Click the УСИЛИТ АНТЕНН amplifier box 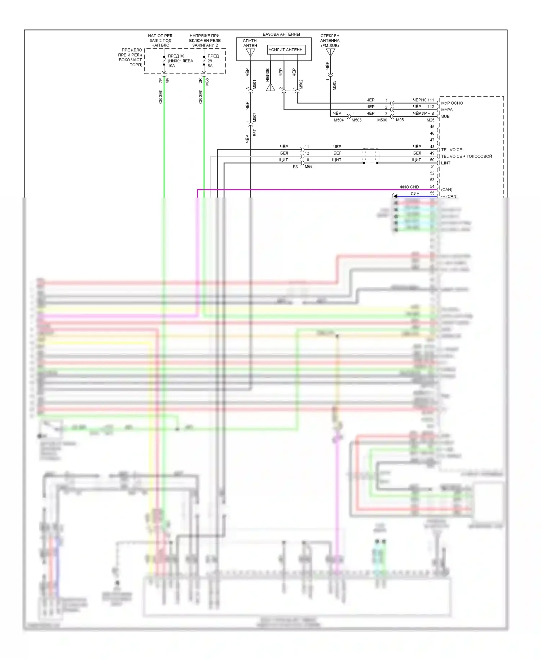[x=286, y=50]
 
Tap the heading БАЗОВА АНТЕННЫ [x=281, y=34]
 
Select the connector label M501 [x=255, y=85]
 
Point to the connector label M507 [x=255, y=118]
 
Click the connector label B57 [x=255, y=133]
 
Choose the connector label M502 [x=301, y=84]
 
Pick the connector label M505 [x=334, y=85]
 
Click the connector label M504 [x=338, y=120]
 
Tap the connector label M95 [x=400, y=120]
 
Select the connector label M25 [x=430, y=120]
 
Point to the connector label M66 [x=309, y=167]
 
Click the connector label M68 [x=207, y=82]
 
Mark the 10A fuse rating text [x=171, y=66]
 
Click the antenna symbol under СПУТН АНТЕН [x=250, y=53]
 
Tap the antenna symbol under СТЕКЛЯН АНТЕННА [x=330, y=53]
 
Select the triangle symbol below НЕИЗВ [x=270, y=87]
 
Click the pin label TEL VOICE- [x=452, y=150]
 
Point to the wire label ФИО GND [x=409, y=187]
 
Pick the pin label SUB [x=445, y=116]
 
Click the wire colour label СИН [x=415, y=194]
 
